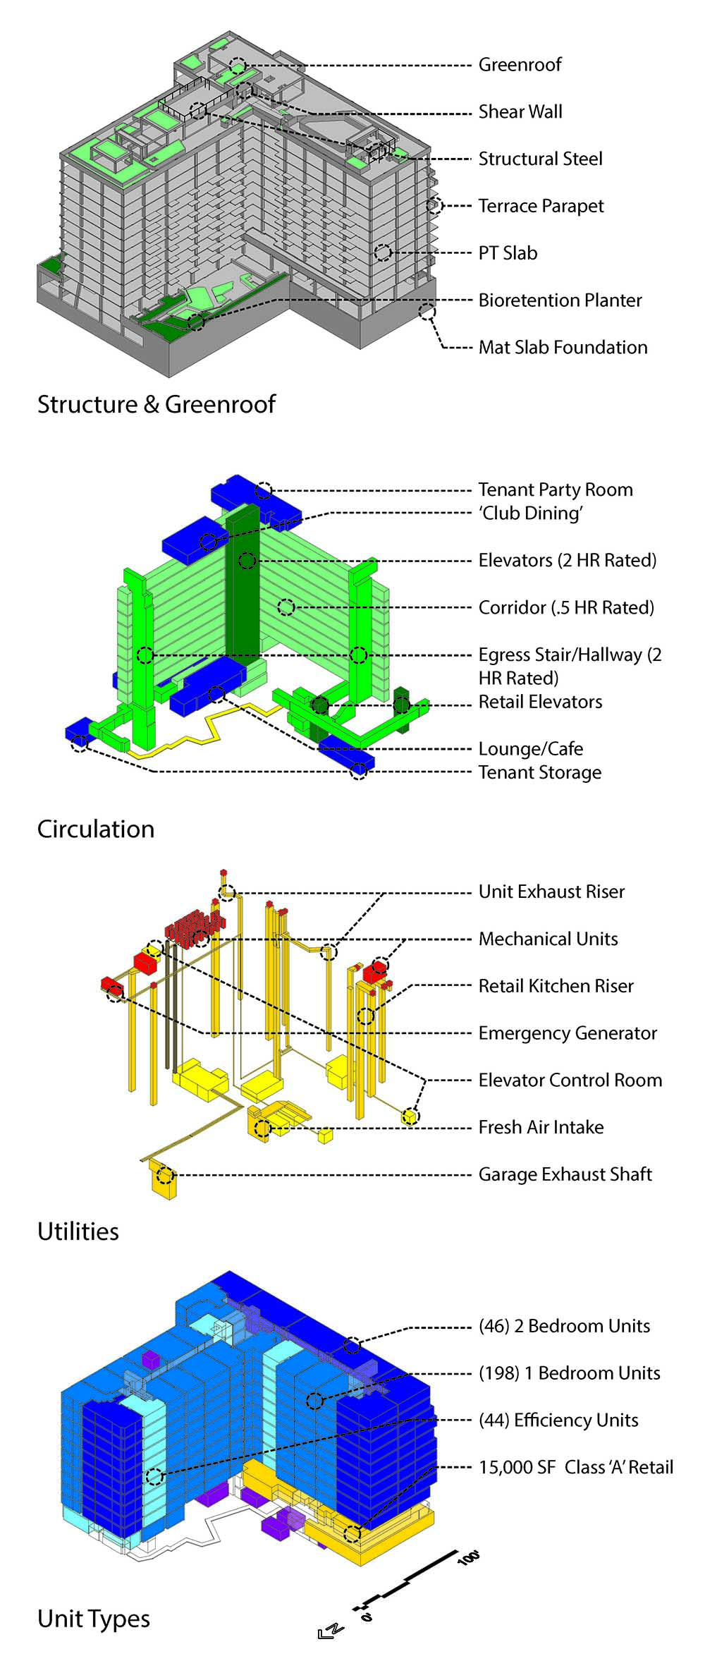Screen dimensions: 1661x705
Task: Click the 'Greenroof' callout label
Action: point(520,65)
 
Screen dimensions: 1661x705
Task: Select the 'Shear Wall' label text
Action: point(520,112)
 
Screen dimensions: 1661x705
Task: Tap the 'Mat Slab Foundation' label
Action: point(563,347)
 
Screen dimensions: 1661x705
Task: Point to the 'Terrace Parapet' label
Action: point(541,206)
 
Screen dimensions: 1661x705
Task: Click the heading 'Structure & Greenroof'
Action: point(156,404)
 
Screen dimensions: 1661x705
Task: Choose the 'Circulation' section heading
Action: point(96,829)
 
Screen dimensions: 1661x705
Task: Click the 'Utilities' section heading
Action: point(78,1231)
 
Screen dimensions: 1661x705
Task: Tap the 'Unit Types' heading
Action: point(94,1618)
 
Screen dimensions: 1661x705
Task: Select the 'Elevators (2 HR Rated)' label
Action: point(568,561)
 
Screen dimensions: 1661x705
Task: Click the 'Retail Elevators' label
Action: point(540,702)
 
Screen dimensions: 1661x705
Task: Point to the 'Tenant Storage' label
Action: point(540,772)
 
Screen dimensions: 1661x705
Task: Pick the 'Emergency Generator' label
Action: point(568,1033)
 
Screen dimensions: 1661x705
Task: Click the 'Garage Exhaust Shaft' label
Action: point(565,1174)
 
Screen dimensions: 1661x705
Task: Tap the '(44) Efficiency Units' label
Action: point(558,1420)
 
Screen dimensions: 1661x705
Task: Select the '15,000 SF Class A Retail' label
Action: point(576,1467)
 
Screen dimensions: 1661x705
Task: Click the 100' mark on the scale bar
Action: point(469,1557)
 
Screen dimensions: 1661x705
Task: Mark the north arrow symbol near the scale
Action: point(330,1631)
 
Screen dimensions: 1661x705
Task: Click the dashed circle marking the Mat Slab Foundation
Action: point(427,312)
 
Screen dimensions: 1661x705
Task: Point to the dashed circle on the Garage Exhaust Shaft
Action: point(165,1175)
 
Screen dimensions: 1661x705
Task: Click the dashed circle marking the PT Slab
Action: point(383,253)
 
